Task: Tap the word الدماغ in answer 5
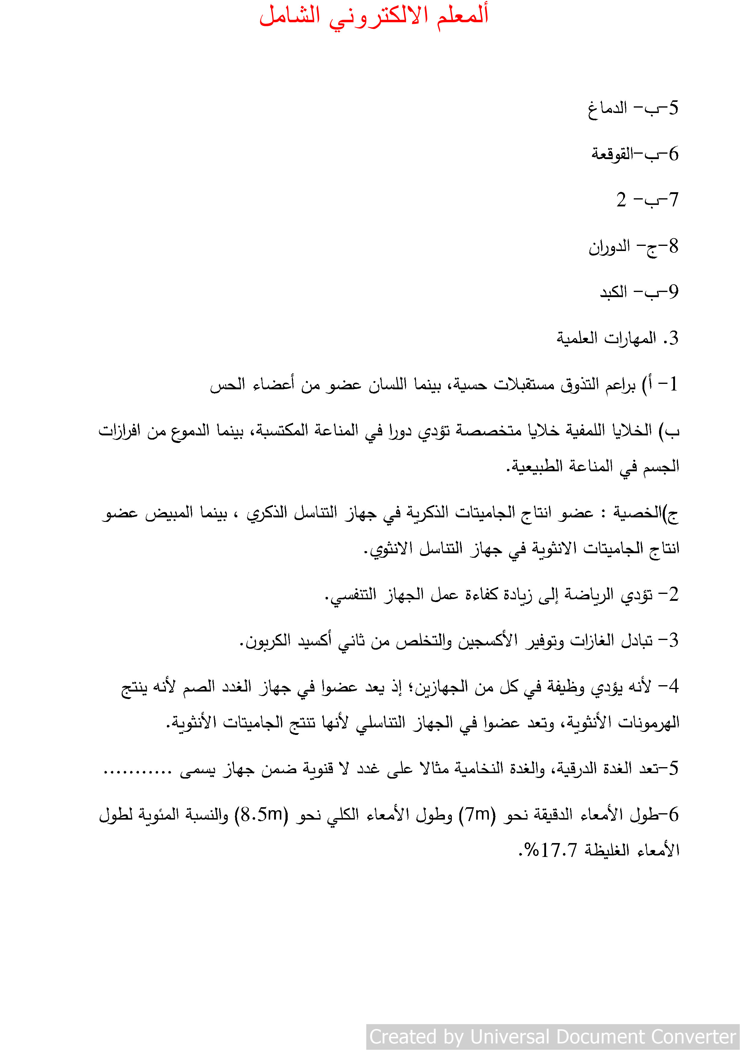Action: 607,109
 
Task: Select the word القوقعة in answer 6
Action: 612,154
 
